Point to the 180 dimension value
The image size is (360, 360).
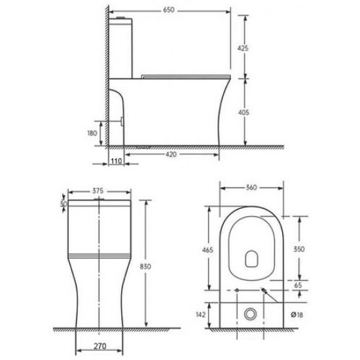(x=92, y=134)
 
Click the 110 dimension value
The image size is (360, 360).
(x=117, y=160)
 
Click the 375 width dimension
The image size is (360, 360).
(x=98, y=191)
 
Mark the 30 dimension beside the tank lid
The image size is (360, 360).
(x=63, y=204)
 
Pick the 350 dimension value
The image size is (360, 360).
(x=299, y=249)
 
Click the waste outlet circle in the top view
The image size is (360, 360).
(x=249, y=313)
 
